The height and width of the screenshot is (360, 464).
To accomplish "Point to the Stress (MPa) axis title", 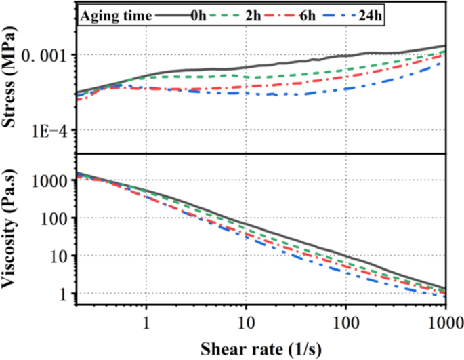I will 12,78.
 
